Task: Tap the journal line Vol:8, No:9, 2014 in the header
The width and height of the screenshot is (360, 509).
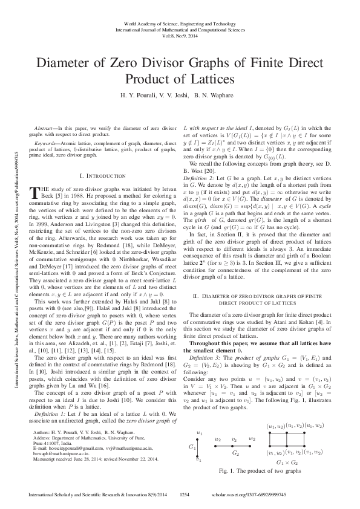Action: point(180,34)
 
